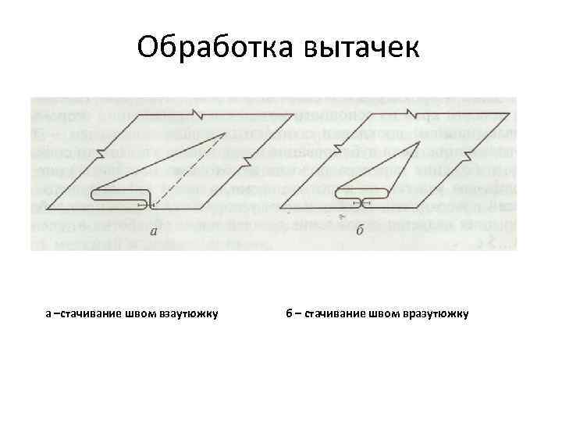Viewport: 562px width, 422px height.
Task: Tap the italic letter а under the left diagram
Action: click(154, 231)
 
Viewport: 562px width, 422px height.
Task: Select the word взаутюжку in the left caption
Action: click(188, 314)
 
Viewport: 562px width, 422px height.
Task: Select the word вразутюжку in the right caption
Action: click(435, 314)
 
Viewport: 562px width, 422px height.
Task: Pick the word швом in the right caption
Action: click(385, 314)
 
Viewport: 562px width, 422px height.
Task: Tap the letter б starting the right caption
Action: click(289, 314)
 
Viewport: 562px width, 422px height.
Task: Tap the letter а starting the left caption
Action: click(48, 314)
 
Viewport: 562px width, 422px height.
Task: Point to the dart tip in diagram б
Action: click(419, 142)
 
